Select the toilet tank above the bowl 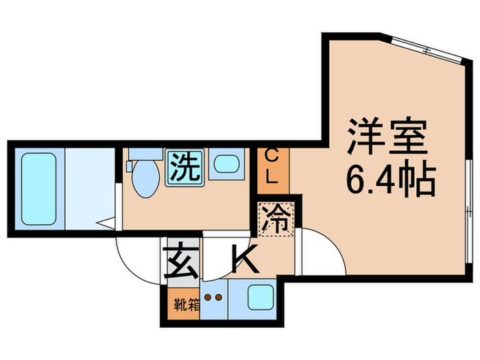[142, 154]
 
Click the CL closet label [272, 166]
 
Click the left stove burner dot [209, 298]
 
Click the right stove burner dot [219, 298]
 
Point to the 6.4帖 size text [389, 180]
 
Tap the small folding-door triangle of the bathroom [105, 222]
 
